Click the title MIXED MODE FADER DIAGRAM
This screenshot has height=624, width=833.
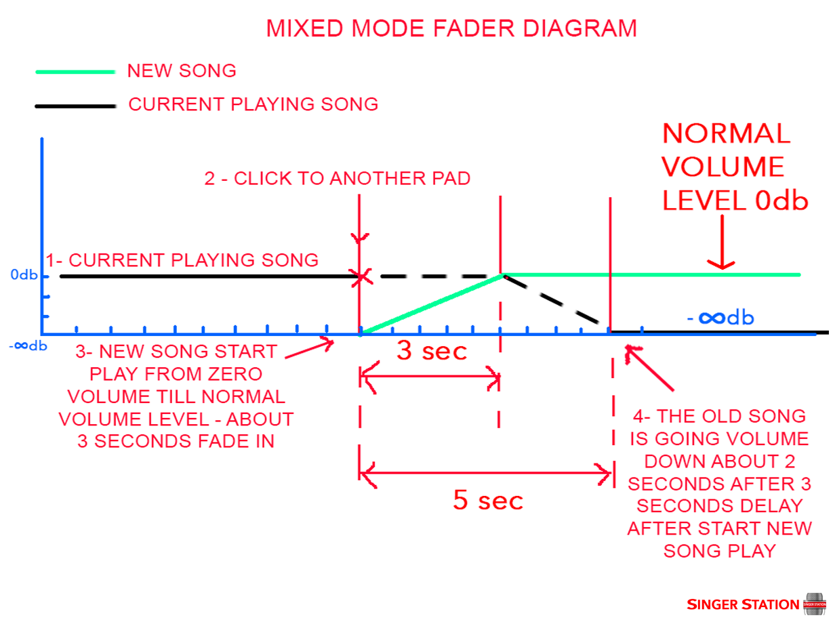click(451, 28)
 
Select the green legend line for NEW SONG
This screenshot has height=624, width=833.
click(75, 72)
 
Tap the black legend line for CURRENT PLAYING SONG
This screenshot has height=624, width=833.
click(75, 106)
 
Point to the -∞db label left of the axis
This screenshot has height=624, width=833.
click(27, 346)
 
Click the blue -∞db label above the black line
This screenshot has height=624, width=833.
click(720, 317)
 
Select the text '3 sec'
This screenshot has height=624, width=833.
click(432, 351)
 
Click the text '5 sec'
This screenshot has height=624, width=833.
click(488, 501)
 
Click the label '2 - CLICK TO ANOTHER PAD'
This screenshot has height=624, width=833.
click(337, 179)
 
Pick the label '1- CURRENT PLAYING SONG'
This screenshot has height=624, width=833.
click(182, 260)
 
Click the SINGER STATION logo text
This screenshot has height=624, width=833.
click(743, 604)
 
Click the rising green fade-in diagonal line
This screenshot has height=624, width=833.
click(431, 304)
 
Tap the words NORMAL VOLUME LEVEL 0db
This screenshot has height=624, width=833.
click(735, 167)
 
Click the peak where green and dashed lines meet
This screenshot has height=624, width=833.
click(502, 275)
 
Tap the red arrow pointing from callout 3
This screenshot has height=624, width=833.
click(309, 349)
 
